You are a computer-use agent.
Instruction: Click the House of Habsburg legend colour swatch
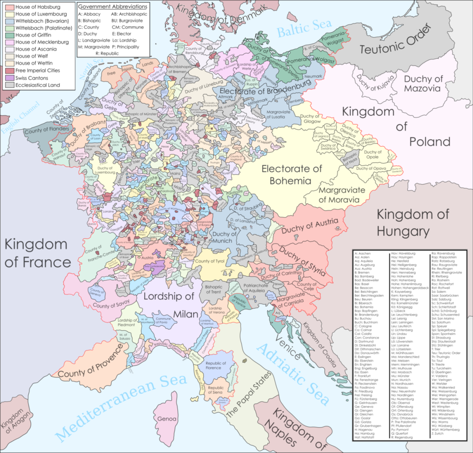(x=10, y=7)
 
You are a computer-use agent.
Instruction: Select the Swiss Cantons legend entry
(x=32, y=78)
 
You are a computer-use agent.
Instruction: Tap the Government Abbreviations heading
(x=112, y=7)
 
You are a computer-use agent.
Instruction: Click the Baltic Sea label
(x=304, y=28)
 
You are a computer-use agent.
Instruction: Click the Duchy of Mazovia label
(x=423, y=83)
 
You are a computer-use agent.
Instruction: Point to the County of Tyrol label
(x=209, y=261)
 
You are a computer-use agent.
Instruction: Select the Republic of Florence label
(x=216, y=365)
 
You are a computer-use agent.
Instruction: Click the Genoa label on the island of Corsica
(x=167, y=419)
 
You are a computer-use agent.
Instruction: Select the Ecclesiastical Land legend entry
(x=37, y=85)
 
